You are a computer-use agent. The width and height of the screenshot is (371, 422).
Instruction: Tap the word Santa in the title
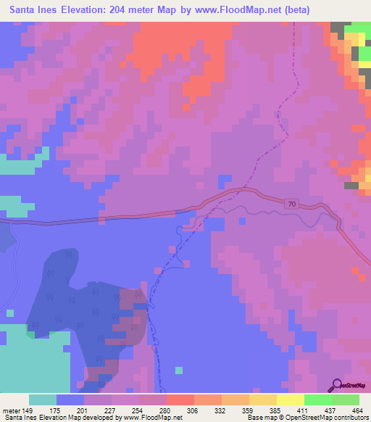pyautogui.click(x=25, y=10)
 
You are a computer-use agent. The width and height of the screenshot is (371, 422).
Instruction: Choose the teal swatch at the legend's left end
pyautogui.click(x=43, y=400)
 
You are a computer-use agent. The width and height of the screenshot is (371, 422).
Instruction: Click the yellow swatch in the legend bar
pyautogui.click(x=291, y=400)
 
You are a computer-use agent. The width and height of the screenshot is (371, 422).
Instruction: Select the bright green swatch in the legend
pyautogui.click(x=318, y=400)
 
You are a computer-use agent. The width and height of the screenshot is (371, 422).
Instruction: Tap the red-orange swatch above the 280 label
pyautogui.click(x=180, y=400)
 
